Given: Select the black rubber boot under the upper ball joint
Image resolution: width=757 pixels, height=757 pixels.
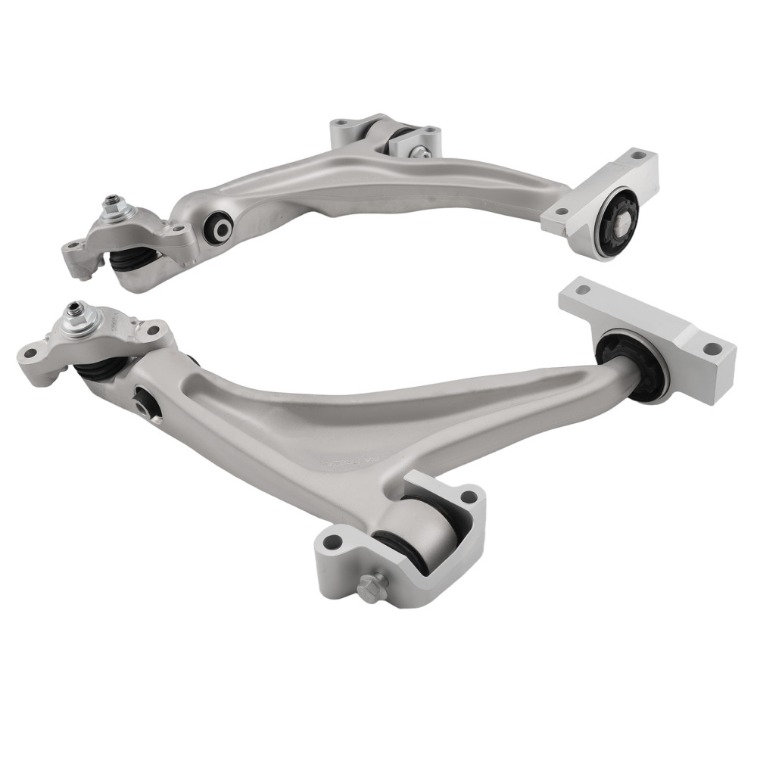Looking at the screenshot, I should click(132, 261).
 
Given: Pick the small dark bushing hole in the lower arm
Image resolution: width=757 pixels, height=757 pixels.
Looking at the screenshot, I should click(146, 403).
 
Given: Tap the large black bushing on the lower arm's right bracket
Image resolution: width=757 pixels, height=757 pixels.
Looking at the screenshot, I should click(632, 363).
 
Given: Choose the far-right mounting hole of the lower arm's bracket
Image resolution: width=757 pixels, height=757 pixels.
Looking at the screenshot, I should click(712, 349).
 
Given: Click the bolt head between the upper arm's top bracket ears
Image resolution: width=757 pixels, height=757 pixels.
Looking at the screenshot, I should click(416, 152).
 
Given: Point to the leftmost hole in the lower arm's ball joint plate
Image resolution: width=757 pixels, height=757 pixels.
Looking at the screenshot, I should click(32, 352).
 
